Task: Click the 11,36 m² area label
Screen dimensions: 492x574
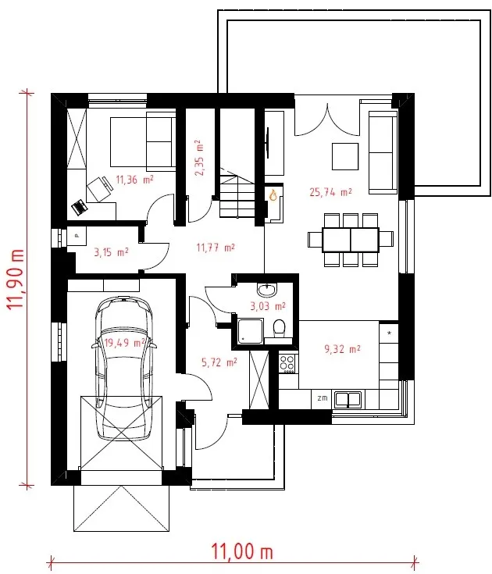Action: click(x=134, y=180)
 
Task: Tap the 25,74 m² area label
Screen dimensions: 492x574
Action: click(x=330, y=192)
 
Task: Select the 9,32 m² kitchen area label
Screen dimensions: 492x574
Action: click(x=342, y=349)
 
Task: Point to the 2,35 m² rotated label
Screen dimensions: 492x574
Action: click(x=199, y=158)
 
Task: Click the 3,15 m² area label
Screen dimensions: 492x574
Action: click(x=111, y=252)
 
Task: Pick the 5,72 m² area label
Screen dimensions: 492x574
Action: click(x=219, y=362)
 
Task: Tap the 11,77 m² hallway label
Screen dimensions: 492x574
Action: click(x=216, y=248)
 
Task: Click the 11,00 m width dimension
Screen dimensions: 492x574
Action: click(x=242, y=551)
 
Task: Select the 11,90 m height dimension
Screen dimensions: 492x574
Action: click(x=16, y=280)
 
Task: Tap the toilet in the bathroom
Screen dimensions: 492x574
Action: click(x=280, y=328)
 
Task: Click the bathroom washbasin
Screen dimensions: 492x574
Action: click(x=267, y=290)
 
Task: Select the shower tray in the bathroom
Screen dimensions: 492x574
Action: click(x=251, y=331)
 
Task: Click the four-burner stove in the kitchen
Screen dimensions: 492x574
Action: click(x=287, y=364)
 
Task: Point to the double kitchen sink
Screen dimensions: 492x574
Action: click(x=348, y=399)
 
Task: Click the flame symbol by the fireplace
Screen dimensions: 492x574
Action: click(x=273, y=194)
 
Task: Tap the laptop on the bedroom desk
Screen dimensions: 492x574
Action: click(x=79, y=207)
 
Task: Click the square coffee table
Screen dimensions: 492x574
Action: click(x=345, y=156)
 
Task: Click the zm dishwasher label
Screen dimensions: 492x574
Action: click(x=322, y=398)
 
